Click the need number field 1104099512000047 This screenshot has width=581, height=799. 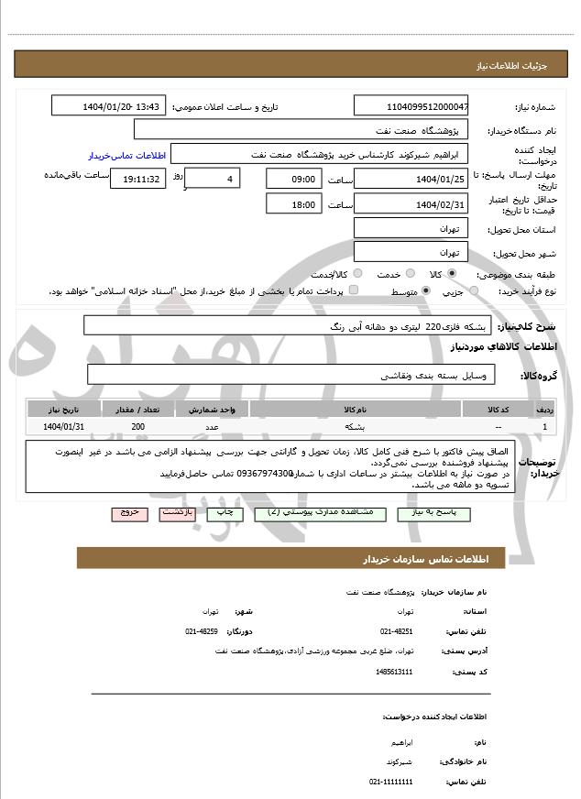[x=411, y=106]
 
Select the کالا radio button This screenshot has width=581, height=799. [x=451, y=274]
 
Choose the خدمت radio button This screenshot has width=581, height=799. [x=409, y=274]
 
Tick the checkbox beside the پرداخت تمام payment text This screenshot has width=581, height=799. [x=354, y=290]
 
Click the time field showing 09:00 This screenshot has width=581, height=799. [x=293, y=179]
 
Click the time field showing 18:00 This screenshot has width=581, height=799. [x=293, y=204]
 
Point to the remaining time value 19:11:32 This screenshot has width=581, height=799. [x=137, y=179]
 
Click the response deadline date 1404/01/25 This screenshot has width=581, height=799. [x=411, y=179]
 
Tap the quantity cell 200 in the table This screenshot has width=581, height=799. [x=137, y=427]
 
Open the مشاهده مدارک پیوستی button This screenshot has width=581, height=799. [x=316, y=513]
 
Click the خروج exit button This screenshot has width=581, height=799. [x=128, y=513]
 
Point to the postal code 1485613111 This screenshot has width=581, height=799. [x=394, y=672]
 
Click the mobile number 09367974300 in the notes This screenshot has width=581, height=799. [x=264, y=474]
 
